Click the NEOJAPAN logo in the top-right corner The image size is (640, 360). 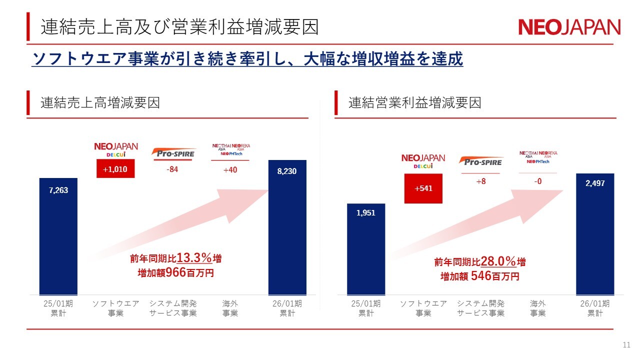pos(569,27)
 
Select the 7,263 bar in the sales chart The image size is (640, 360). pos(58,236)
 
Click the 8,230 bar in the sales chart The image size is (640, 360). pos(287,227)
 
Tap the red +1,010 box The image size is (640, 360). pos(115,169)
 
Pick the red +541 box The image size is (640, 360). pos(423,188)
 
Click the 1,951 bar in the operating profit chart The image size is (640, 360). pos(366,249)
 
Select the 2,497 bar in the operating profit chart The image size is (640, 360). pos(595,234)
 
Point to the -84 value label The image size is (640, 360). pos(172,169)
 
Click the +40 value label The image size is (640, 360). pos(230,169)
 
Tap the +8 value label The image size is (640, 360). pos(480,182)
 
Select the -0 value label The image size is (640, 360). pos(537,182)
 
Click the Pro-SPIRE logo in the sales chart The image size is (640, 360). pos(173,153)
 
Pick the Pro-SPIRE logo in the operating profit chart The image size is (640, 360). pos(480,161)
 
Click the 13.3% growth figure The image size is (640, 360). pos(194,258)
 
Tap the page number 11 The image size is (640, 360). pos(626,345)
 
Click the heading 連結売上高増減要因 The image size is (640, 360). pos(100,103)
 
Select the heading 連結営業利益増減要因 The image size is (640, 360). pos(414,103)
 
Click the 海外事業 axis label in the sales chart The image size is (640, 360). pos(230,308)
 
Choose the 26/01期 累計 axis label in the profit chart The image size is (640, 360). pos(595,308)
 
